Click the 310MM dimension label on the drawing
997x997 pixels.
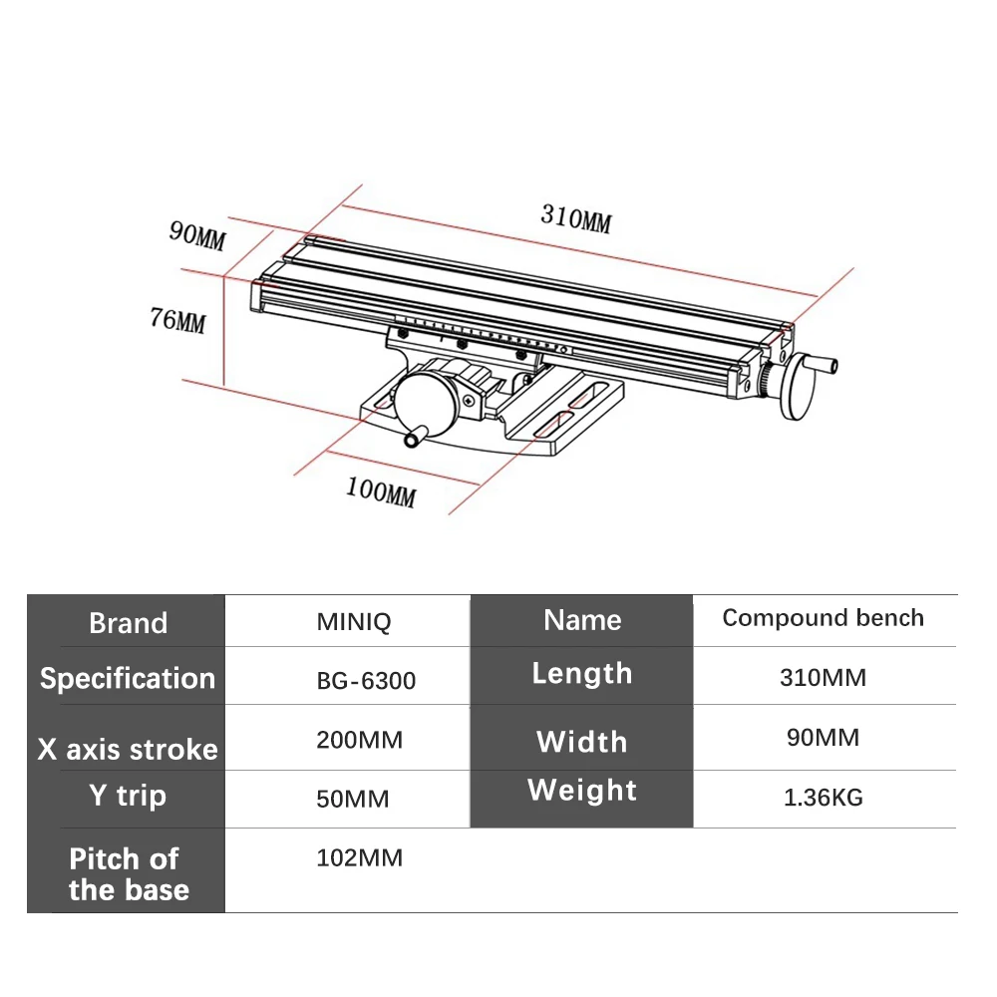coord(576,218)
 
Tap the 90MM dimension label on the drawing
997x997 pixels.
coord(197,235)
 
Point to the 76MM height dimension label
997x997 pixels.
coord(178,320)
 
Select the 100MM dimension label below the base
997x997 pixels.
coord(381,493)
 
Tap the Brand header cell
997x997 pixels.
coord(129,622)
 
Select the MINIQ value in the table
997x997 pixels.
coord(354,622)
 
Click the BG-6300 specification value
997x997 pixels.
coord(366,681)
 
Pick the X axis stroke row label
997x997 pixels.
coord(128,749)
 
